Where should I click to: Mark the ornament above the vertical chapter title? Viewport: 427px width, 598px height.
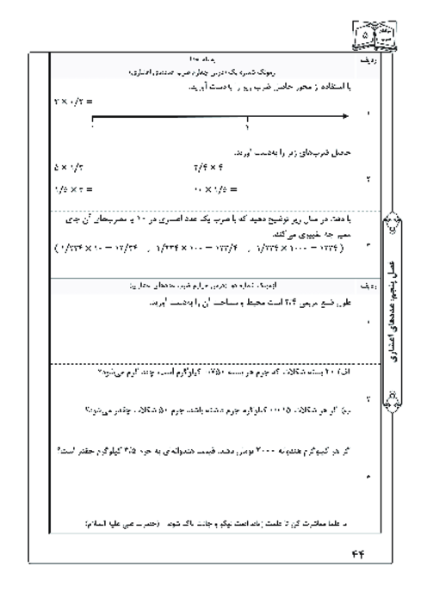click(x=398, y=231)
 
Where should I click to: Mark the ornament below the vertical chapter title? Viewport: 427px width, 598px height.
click(x=398, y=398)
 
